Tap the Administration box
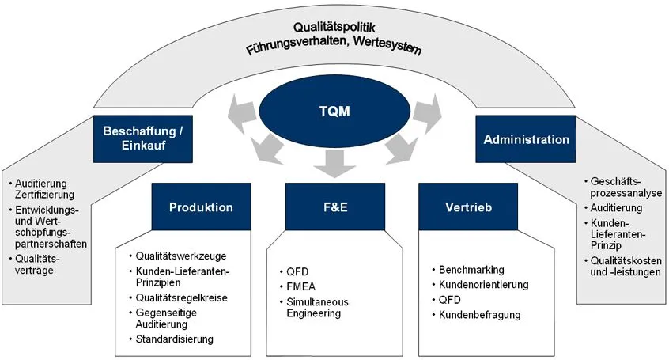click(526, 139)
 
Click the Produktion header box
click(201, 207)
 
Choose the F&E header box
click(333, 207)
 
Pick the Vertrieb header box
click(469, 207)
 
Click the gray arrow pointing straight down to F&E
click(334, 165)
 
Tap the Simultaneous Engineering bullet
click(318, 308)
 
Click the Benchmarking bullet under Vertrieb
click(471, 270)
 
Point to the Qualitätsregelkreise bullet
click(181, 298)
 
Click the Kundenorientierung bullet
click(484, 285)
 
